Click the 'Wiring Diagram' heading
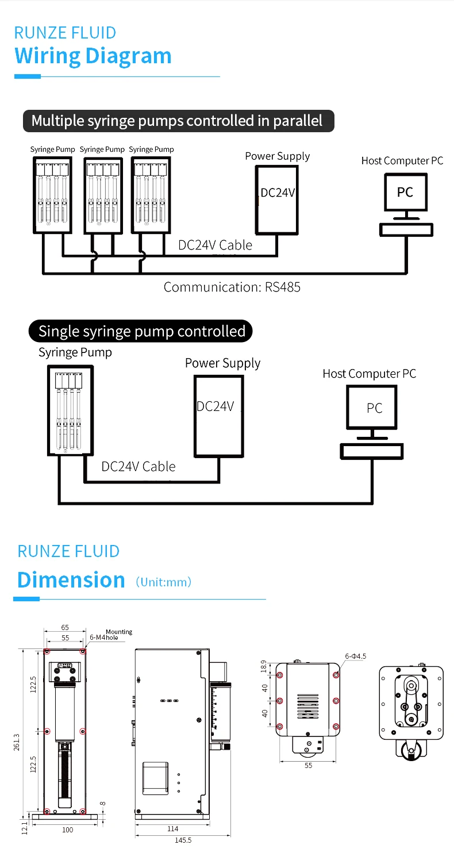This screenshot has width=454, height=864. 93,56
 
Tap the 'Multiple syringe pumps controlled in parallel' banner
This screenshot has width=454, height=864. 177,121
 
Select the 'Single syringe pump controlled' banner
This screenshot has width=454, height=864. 141,331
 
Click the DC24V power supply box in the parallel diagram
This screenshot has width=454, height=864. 277,199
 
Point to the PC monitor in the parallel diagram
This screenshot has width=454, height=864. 405,192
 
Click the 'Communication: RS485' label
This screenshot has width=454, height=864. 232,287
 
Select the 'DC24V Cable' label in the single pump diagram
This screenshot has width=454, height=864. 138,466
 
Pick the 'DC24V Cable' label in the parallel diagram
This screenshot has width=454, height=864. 215,245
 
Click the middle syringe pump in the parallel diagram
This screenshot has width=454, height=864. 103,195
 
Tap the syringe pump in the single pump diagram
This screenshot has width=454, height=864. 70,410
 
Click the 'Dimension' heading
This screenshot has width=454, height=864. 71,579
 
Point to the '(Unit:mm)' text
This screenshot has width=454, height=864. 163,582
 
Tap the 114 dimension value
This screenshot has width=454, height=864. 172,828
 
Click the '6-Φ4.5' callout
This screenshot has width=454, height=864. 355,656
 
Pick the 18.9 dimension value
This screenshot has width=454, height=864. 264,667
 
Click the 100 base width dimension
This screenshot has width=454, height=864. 67,830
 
